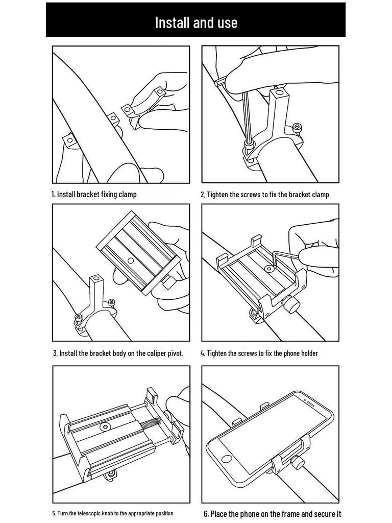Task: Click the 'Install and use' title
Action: (x=196, y=22)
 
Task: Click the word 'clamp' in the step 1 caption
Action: (x=127, y=194)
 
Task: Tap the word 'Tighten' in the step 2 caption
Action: (x=217, y=195)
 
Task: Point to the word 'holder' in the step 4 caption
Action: (x=309, y=353)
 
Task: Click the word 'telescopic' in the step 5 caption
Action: (x=89, y=513)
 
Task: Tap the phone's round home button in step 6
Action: (x=227, y=459)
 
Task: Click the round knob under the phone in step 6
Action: (x=298, y=464)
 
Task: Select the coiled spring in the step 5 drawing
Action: (x=150, y=424)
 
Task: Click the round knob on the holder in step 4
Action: (x=289, y=305)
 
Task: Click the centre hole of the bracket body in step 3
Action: (x=131, y=261)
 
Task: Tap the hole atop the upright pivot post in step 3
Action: (x=96, y=277)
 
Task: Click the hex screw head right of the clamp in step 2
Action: (x=296, y=127)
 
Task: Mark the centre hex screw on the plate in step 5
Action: (x=106, y=426)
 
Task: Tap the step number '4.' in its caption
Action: (x=203, y=353)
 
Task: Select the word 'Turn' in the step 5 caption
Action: (x=62, y=513)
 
